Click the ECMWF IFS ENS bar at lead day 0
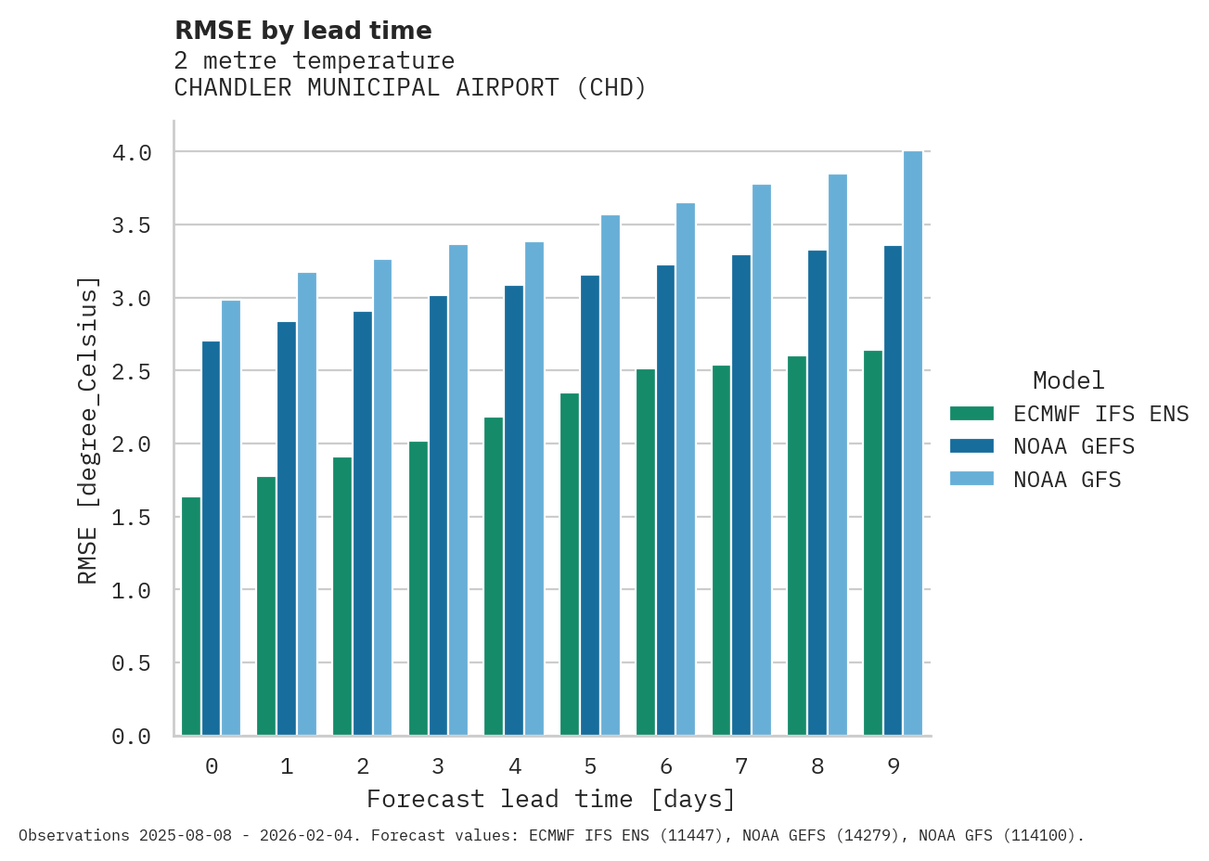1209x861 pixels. point(191,616)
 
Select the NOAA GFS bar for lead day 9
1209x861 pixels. point(913,443)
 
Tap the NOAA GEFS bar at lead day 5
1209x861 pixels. point(590,506)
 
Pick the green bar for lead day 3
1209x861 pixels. point(418,588)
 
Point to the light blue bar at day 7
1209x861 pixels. point(762,460)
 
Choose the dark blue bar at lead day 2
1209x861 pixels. point(363,523)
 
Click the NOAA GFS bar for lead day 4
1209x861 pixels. point(534,489)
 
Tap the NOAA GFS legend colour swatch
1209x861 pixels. point(971,480)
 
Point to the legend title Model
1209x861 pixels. point(1068,381)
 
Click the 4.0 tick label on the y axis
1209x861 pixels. point(132,153)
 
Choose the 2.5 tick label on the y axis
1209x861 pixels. point(132,372)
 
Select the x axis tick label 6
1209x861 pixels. point(666,766)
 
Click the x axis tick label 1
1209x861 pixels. point(288,766)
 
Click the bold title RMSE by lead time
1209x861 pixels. point(303,31)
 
